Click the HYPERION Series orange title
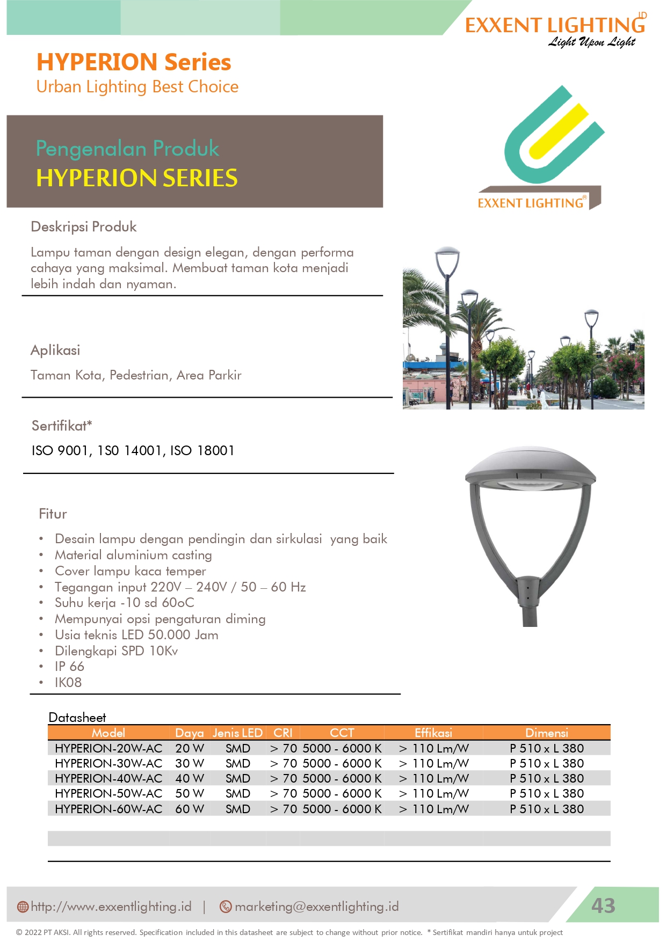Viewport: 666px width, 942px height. click(134, 62)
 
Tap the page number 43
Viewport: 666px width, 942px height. click(603, 906)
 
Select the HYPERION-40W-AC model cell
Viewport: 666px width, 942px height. click(108, 778)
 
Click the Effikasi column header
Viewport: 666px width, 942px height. click(433, 733)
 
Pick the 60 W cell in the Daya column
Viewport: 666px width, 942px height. click(190, 809)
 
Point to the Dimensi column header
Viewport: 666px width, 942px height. click(546, 733)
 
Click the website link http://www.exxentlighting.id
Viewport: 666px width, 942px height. click(111, 907)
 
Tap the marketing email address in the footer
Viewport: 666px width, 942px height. click(316, 907)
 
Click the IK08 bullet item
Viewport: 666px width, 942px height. click(68, 683)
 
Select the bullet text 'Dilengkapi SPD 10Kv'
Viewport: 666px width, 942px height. click(116, 651)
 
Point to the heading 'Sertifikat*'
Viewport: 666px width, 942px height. click(62, 426)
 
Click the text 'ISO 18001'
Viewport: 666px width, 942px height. click(202, 451)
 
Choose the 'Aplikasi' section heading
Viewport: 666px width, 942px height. click(55, 350)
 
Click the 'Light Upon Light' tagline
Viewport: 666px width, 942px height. click(591, 42)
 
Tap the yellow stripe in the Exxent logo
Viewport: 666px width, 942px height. click(559, 132)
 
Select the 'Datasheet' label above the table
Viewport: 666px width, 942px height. click(77, 718)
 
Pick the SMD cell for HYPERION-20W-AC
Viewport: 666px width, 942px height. click(238, 748)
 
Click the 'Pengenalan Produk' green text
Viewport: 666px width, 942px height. click(127, 149)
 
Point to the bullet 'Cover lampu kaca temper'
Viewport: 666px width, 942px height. click(131, 571)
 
